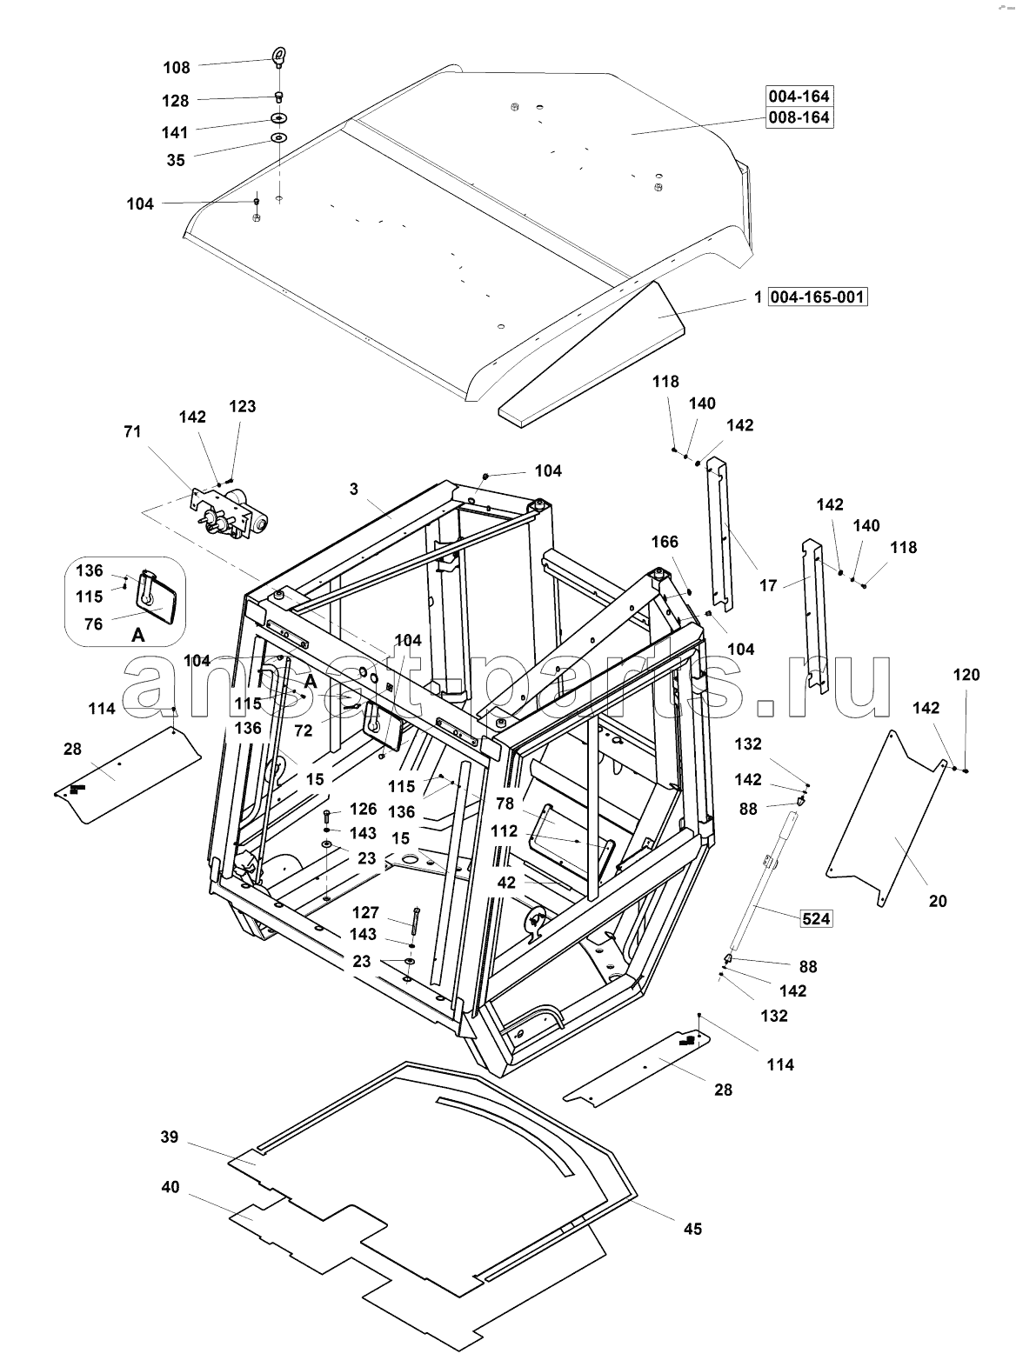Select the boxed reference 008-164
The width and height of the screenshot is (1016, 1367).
(799, 117)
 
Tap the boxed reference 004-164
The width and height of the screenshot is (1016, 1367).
(799, 95)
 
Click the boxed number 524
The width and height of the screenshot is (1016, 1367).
(815, 917)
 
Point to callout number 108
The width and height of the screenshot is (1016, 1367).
(176, 68)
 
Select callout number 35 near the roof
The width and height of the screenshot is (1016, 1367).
(176, 160)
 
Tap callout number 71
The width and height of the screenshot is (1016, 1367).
(132, 431)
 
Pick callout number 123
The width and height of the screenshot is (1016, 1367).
(243, 406)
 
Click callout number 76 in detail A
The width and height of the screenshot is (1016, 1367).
(92, 623)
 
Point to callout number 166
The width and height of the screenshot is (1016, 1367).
(665, 542)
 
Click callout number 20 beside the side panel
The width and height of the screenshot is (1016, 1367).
(937, 901)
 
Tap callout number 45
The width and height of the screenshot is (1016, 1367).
(692, 1229)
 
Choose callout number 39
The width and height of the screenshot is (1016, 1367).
(170, 1137)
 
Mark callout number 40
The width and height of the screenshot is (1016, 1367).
(170, 1187)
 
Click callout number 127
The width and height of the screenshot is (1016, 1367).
(365, 912)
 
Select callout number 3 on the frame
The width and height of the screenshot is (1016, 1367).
(354, 489)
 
